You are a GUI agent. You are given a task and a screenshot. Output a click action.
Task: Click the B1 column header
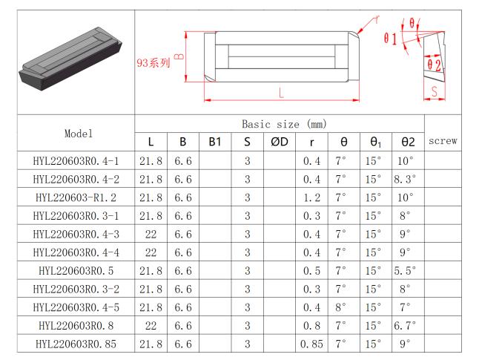215,142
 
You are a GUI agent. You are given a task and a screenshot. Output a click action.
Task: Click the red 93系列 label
153,63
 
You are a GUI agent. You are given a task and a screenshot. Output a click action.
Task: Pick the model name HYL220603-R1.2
75,197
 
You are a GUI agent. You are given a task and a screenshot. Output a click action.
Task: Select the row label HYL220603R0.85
75,344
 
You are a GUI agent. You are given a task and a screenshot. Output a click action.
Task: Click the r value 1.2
311,197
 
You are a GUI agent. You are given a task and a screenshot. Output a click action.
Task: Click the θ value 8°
341,307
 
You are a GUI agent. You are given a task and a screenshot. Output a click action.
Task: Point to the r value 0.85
311,344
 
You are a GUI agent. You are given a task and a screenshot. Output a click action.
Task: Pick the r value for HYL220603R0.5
311,270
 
